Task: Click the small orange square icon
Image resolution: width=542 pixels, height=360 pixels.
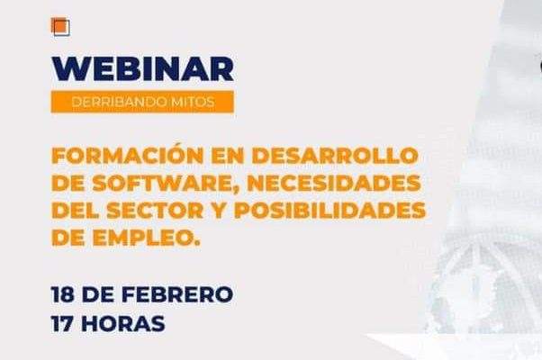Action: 60,27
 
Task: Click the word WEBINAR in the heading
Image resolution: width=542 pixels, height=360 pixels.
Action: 142,69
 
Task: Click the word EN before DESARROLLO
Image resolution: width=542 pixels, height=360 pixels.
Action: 228,156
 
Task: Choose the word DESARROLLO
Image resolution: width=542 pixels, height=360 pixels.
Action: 335,156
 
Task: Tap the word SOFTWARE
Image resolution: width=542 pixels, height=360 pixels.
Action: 162,183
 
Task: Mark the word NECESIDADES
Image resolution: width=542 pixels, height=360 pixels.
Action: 334,183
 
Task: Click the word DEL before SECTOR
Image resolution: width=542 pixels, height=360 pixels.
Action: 75,210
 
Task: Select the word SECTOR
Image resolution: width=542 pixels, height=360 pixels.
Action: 155,210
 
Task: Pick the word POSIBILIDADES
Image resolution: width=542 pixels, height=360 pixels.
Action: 330,210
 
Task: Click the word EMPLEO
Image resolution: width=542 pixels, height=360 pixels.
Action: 147,238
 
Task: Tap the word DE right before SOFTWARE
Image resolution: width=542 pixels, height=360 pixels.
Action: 68,183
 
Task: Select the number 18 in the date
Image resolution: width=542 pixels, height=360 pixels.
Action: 62,294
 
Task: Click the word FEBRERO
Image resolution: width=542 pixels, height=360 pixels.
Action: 177,294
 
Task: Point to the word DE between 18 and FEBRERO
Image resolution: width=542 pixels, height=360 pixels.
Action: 98,294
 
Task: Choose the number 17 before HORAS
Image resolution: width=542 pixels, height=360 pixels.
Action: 62,324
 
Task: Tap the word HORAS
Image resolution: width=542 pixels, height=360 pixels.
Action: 122,324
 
